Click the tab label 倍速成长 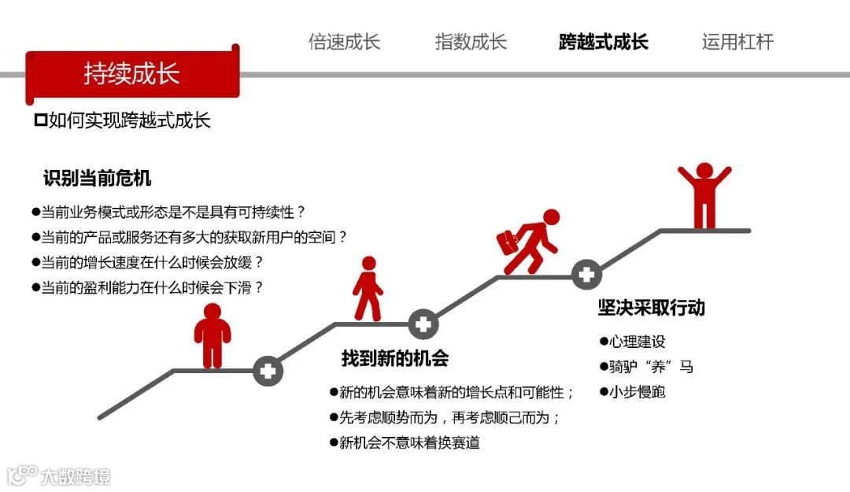344,42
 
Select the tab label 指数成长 471,42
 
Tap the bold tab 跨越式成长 604,42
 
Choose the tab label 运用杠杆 737,42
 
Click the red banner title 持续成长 131,73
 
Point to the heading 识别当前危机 97,178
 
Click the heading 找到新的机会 395,358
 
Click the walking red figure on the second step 368,289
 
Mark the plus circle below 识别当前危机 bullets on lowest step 268,371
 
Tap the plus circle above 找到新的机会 423,323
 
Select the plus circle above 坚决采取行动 586,275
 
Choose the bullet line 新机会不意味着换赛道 409,442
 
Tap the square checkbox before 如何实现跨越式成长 41,120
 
